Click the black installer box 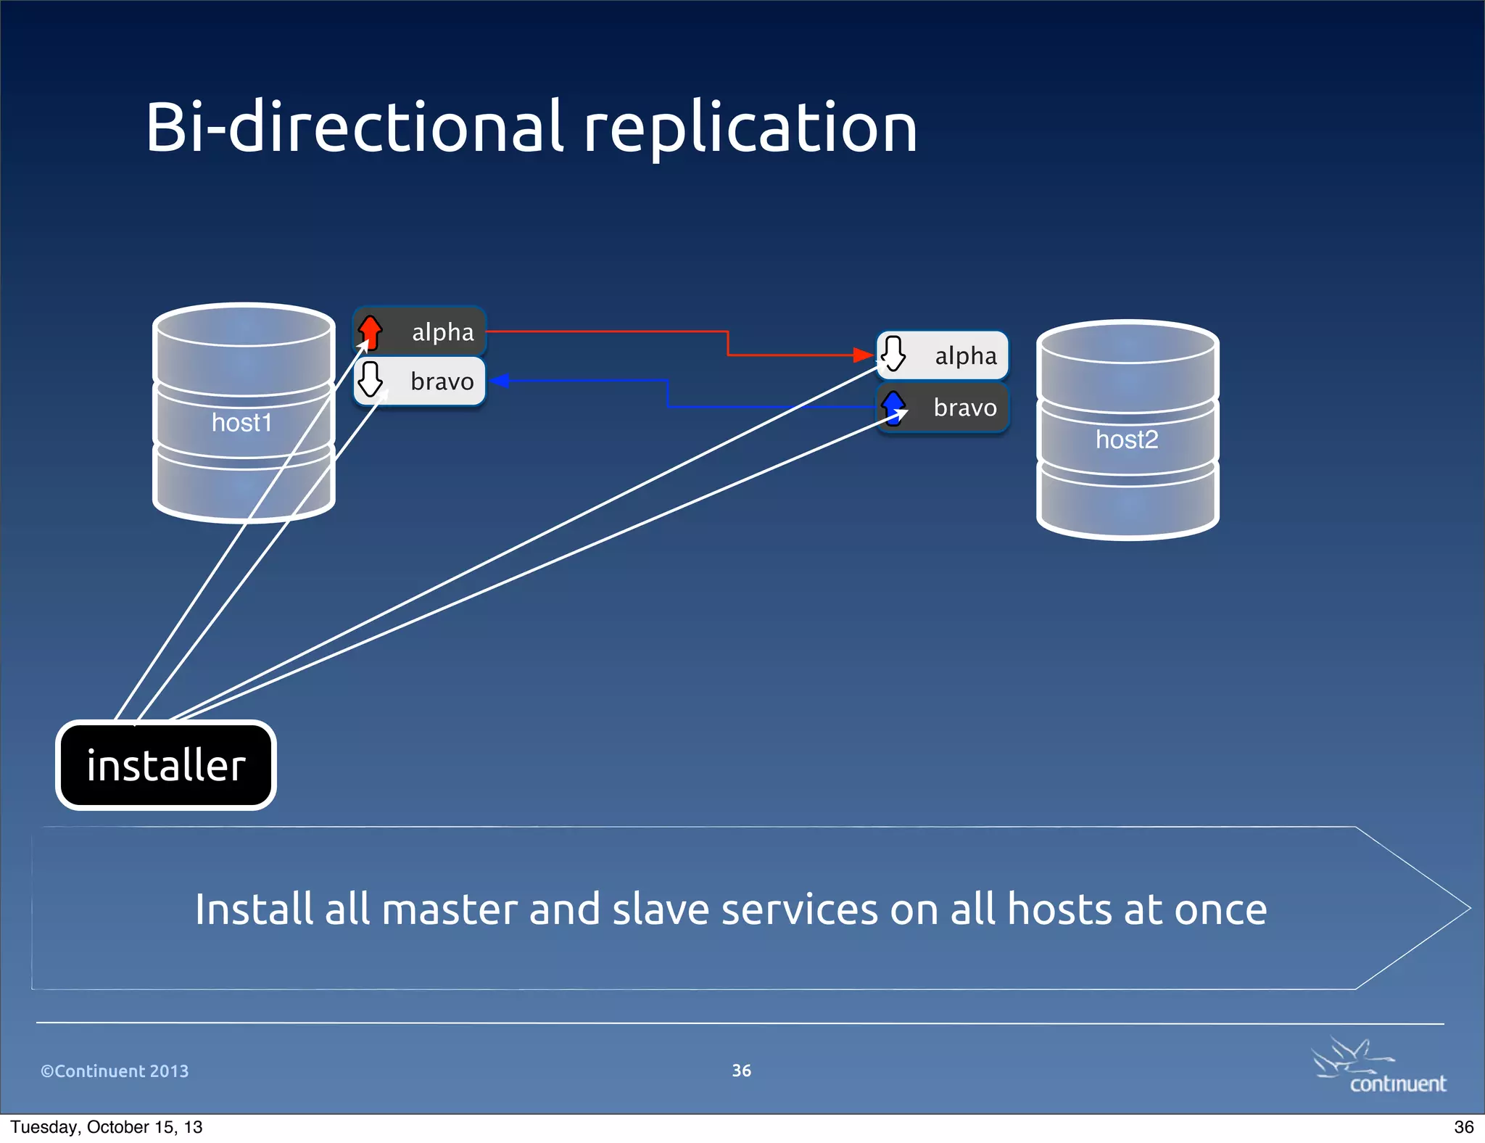[166, 765]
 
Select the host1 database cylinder [243, 413]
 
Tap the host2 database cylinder [1128, 431]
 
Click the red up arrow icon [371, 331]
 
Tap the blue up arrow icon [893, 407]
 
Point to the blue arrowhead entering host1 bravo [500, 381]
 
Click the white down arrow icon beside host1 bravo [371, 379]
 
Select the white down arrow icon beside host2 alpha [893, 353]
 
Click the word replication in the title [750, 129]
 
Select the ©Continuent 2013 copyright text [115, 1071]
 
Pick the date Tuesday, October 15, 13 [107, 1127]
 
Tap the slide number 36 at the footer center [741, 1070]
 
